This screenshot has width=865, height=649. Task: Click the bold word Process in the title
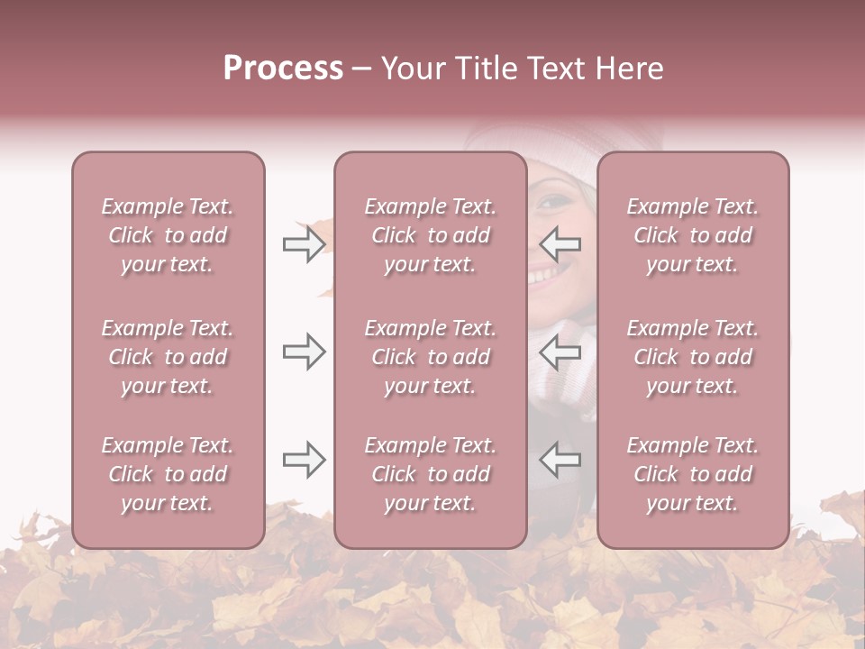click(283, 69)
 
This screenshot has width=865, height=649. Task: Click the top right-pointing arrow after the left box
click(304, 244)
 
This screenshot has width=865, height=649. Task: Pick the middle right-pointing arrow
click(304, 352)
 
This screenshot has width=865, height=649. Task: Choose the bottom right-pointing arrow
click(304, 460)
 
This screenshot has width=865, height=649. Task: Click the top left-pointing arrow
click(560, 244)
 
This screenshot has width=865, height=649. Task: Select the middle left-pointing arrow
click(560, 352)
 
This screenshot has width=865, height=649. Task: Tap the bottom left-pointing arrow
click(560, 460)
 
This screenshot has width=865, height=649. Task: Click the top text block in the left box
click(168, 235)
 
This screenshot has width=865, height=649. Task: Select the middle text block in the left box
click(168, 357)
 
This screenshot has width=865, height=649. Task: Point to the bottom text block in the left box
click(168, 474)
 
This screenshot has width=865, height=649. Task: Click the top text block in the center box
click(431, 235)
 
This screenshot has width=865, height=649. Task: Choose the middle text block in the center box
click(431, 357)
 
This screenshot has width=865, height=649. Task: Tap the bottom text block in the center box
click(431, 474)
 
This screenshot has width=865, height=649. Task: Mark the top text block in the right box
click(693, 235)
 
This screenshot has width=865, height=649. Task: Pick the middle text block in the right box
click(693, 357)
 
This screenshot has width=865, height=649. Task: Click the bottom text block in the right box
click(693, 474)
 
